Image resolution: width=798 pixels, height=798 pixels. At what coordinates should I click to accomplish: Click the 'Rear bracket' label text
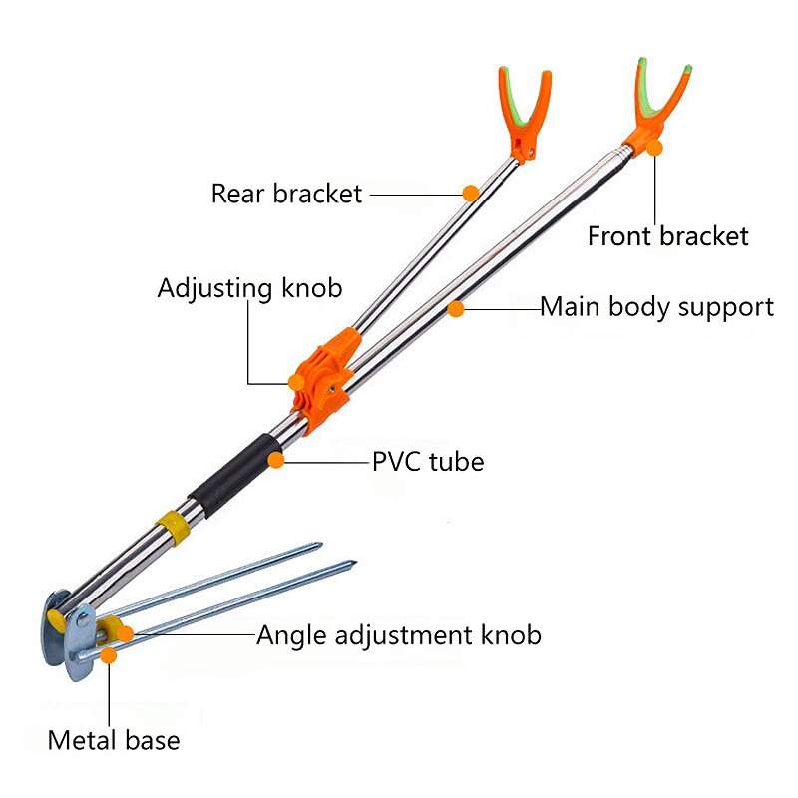[x=286, y=194]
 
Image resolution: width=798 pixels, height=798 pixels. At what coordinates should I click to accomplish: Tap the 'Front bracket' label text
[x=667, y=236]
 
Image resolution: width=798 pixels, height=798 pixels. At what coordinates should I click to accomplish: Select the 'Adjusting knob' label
[x=249, y=289]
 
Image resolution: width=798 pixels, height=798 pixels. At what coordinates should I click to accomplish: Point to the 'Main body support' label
[x=656, y=307]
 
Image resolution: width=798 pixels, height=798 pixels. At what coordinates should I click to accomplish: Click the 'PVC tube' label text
[x=428, y=462]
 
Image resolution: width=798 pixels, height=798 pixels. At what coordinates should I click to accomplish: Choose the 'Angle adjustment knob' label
[x=398, y=636]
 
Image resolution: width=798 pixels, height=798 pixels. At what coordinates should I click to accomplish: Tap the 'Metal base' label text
[x=114, y=740]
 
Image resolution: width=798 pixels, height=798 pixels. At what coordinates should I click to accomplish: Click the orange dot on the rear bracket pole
[x=471, y=194]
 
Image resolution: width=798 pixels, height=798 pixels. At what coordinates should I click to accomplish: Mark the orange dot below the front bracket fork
[x=654, y=148]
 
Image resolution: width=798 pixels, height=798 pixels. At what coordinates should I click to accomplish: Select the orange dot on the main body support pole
[x=456, y=309]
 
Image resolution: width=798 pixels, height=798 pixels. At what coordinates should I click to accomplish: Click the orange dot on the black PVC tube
[x=276, y=460]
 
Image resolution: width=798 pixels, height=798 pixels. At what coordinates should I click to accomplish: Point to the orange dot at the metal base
[x=108, y=655]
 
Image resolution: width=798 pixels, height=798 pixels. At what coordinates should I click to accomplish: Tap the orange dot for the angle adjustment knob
[x=126, y=634]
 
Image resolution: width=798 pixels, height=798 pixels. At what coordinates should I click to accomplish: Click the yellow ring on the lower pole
[x=173, y=528]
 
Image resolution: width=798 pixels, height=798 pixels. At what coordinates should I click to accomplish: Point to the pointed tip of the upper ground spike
[x=322, y=545]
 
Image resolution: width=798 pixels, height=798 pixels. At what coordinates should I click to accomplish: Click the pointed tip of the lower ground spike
[x=356, y=562]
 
